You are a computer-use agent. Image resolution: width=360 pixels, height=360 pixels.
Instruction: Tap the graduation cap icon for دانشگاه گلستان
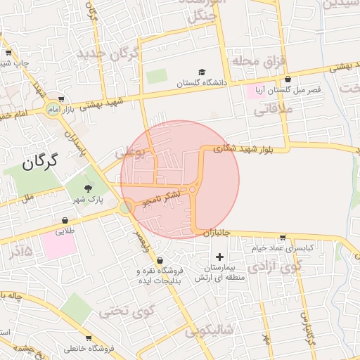click(x=202, y=72)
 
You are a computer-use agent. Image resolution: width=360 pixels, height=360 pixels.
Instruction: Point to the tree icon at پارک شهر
click(x=88, y=188)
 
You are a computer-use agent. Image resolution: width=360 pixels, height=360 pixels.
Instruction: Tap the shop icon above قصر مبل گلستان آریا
click(x=287, y=79)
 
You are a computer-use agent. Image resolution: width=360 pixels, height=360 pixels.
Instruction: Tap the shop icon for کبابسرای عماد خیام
click(x=283, y=238)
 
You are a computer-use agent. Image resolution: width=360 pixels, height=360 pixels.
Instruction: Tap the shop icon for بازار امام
click(x=63, y=98)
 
